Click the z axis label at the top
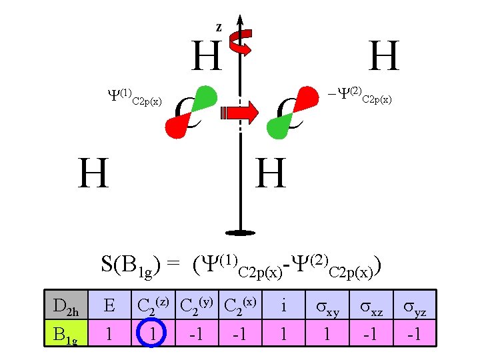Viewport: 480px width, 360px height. point(219,27)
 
